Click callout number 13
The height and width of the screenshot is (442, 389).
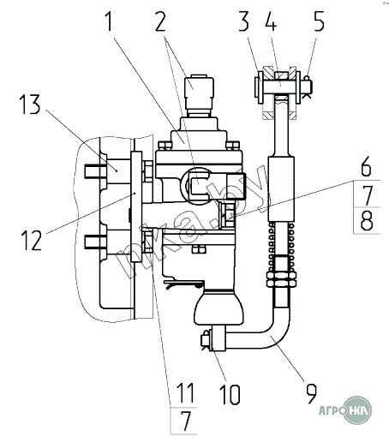(x=30, y=105)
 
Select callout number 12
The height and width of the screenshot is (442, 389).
(x=32, y=241)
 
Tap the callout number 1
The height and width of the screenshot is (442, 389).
(x=109, y=21)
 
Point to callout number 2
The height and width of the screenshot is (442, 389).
(x=160, y=21)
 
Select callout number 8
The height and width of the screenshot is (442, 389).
(x=367, y=220)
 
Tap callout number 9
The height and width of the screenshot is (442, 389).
(x=311, y=394)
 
